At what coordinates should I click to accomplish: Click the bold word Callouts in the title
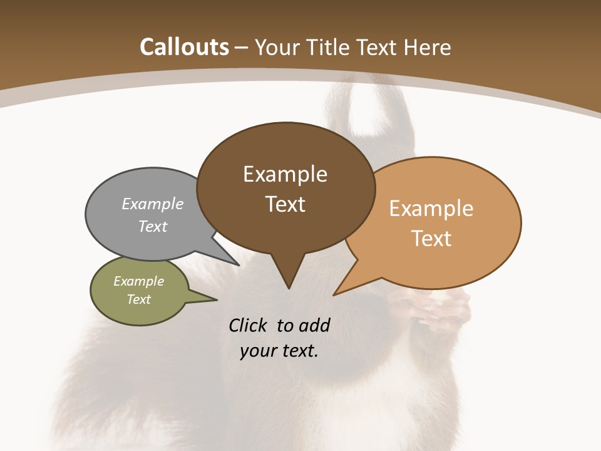(x=184, y=47)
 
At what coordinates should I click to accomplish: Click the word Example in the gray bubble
(x=153, y=204)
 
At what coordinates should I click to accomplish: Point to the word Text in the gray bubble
(x=153, y=226)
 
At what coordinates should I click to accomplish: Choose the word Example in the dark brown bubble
(x=285, y=174)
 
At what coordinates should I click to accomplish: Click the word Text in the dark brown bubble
(x=285, y=204)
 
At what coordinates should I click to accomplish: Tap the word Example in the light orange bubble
(x=431, y=209)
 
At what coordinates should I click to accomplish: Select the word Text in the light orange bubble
(x=431, y=239)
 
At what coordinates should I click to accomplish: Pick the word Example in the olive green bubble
(x=138, y=281)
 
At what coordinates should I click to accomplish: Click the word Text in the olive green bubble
(x=138, y=299)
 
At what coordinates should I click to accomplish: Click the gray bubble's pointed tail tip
(x=239, y=264)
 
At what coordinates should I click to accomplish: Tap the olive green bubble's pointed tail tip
(x=216, y=299)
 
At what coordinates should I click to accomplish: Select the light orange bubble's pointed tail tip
(x=334, y=294)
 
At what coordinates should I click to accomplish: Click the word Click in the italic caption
(x=249, y=325)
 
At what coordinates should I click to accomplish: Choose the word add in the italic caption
(x=314, y=325)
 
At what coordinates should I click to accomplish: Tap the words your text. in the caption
(x=279, y=351)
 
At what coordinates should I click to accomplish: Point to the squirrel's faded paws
(x=432, y=310)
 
